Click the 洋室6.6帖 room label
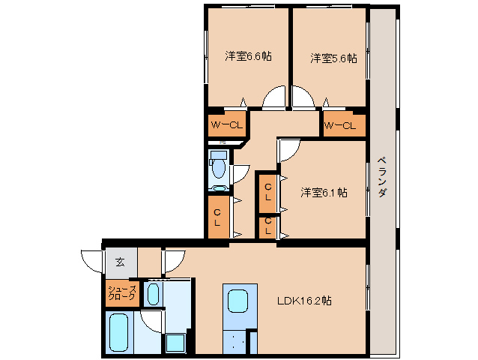(248, 56)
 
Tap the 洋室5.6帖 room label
(334, 58)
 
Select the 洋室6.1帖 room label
(324, 193)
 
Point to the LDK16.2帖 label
(304, 301)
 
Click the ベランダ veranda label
(383, 177)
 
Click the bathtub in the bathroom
(118, 333)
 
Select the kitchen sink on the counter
(238, 301)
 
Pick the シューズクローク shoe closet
(122, 293)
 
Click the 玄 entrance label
(120, 262)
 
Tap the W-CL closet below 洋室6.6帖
(227, 124)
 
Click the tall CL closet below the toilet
(219, 217)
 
